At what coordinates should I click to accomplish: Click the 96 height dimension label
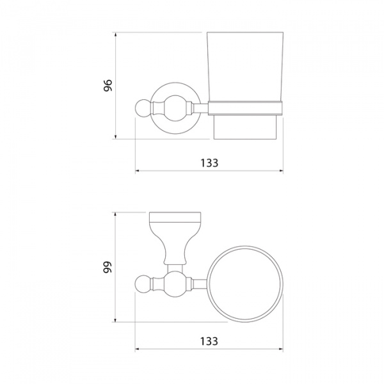pyautogui.click(x=108, y=85)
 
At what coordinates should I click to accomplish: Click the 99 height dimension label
pyautogui.click(x=108, y=267)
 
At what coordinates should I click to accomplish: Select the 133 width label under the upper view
pyautogui.click(x=209, y=163)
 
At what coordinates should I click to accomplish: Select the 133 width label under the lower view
pyautogui.click(x=209, y=341)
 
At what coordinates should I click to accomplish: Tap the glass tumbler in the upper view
pyautogui.click(x=245, y=67)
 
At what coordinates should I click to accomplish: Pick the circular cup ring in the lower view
pyautogui.click(x=245, y=246)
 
